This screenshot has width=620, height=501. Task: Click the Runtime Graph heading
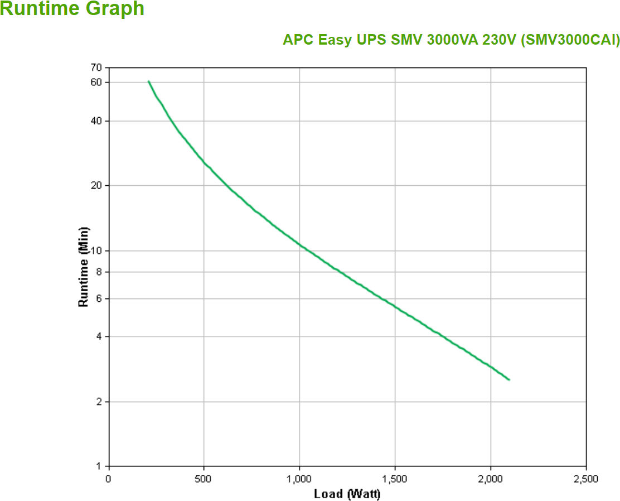pyautogui.click(x=72, y=9)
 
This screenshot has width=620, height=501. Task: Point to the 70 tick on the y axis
pyautogui.click(x=96, y=68)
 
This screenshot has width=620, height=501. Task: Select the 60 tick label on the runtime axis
pyautogui.click(x=96, y=82)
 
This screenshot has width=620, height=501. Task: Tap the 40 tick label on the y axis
pyautogui.click(x=96, y=121)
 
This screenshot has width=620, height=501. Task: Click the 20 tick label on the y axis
pyautogui.click(x=96, y=185)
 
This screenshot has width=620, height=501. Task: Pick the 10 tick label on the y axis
pyautogui.click(x=96, y=250)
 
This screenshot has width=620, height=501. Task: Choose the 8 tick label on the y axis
pyautogui.click(x=99, y=272)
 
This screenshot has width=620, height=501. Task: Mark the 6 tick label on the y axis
pyautogui.click(x=99, y=298)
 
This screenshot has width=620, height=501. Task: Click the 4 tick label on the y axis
pyautogui.click(x=99, y=336)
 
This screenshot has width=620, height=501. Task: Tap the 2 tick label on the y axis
pyautogui.click(x=99, y=402)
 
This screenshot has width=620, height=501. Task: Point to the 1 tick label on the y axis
pyautogui.click(x=99, y=466)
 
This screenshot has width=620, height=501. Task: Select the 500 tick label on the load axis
pyautogui.click(x=204, y=479)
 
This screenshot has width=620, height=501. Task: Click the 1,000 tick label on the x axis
pyautogui.click(x=299, y=479)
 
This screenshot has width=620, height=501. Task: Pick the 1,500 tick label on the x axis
pyautogui.click(x=395, y=479)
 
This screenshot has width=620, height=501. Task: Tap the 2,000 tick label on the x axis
pyautogui.click(x=490, y=479)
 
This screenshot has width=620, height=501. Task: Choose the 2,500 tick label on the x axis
pyautogui.click(x=585, y=479)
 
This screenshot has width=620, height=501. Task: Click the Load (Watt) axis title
pyautogui.click(x=347, y=494)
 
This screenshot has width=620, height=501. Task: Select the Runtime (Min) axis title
pyautogui.click(x=84, y=267)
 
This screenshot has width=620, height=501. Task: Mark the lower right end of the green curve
pyautogui.click(x=509, y=380)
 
